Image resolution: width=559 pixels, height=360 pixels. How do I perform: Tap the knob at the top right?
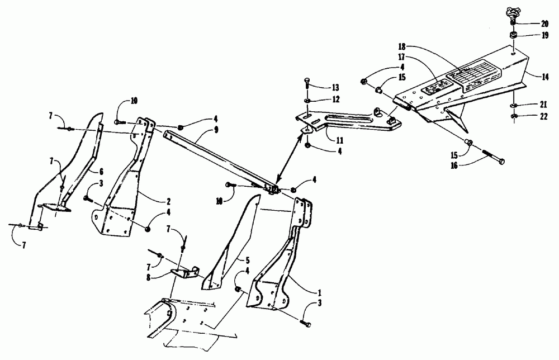click(x=512, y=12)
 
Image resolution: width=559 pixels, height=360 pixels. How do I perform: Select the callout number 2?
click(x=152, y=200)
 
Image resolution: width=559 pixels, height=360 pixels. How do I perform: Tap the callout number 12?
click(x=335, y=99)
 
